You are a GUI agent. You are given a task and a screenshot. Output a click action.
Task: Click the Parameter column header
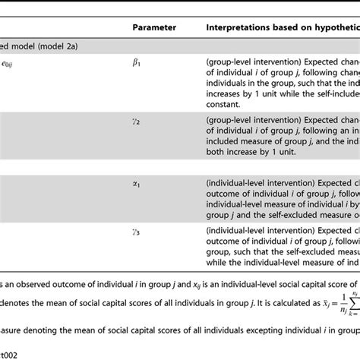154,27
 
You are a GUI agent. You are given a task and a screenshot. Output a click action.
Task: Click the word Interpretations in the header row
237,27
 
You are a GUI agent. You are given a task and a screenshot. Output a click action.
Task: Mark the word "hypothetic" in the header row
331,27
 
